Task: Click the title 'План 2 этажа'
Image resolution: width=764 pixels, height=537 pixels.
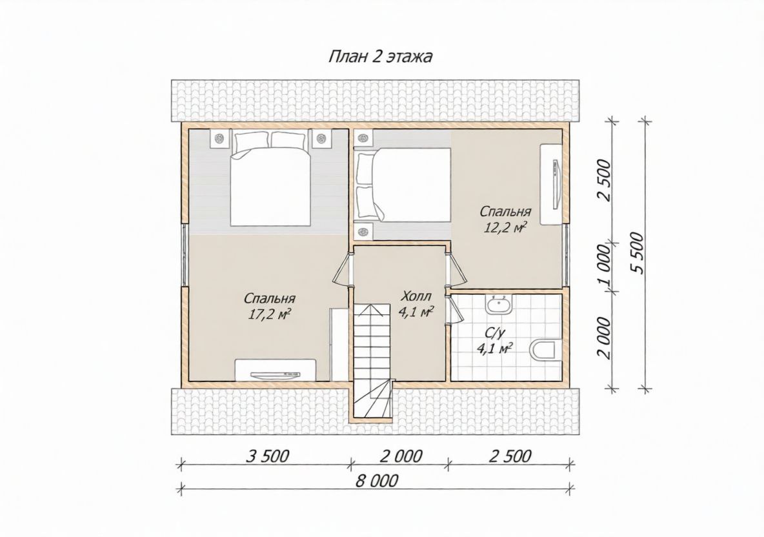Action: [380, 57]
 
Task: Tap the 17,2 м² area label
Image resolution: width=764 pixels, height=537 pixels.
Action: [270, 314]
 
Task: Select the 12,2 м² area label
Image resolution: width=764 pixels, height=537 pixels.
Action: [506, 228]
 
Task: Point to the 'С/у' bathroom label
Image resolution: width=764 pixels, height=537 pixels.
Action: [494, 333]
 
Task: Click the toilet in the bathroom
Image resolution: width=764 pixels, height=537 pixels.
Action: [542, 350]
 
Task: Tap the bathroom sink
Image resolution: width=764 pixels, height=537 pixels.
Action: [498, 305]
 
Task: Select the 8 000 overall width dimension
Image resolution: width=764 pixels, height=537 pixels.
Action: [377, 481]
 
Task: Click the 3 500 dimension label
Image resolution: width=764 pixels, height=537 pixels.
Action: [268, 456]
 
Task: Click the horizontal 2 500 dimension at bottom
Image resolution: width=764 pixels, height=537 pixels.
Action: [510, 456]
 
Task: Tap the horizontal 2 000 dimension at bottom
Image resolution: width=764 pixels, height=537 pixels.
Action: [401, 456]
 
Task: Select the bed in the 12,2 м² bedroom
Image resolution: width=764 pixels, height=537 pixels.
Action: [403, 184]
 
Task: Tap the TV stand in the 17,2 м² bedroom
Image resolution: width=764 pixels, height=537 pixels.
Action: [276, 369]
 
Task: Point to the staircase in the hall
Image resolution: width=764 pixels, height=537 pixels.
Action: [372, 361]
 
